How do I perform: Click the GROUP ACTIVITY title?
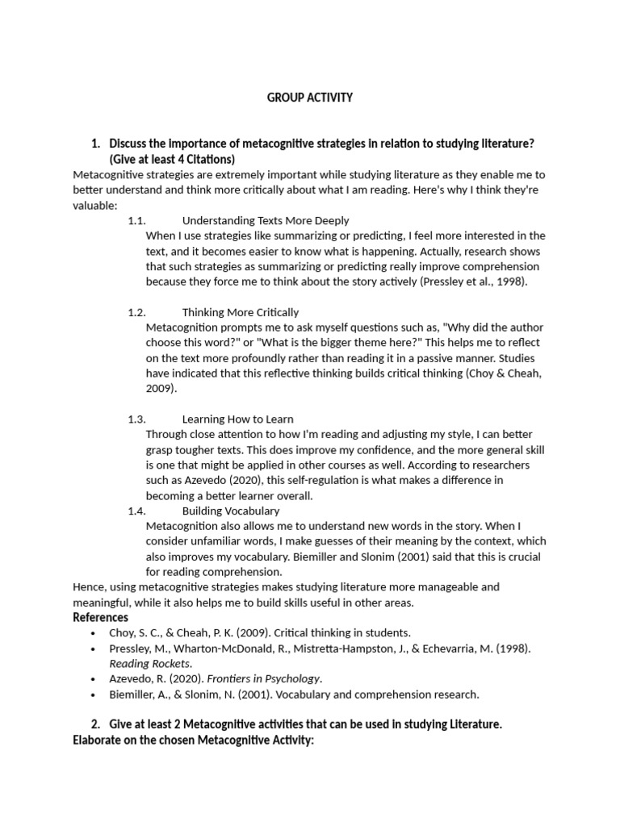tap(310, 98)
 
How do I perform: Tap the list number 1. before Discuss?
tap(95, 144)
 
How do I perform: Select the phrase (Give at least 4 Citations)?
tap(172, 159)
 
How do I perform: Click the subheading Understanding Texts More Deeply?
tap(266, 220)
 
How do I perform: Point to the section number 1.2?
tap(136, 312)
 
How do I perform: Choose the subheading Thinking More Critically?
tap(240, 312)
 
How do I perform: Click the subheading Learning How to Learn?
tap(237, 419)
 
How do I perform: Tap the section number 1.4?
tap(136, 511)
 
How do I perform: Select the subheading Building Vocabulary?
tap(231, 511)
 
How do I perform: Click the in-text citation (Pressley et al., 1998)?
tap(473, 282)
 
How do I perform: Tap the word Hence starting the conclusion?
tap(88, 587)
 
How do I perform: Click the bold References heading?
tap(101, 618)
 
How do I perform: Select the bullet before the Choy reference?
tap(94, 633)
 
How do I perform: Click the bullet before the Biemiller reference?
tap(94, 695)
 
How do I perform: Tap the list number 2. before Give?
tap(95, 724)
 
